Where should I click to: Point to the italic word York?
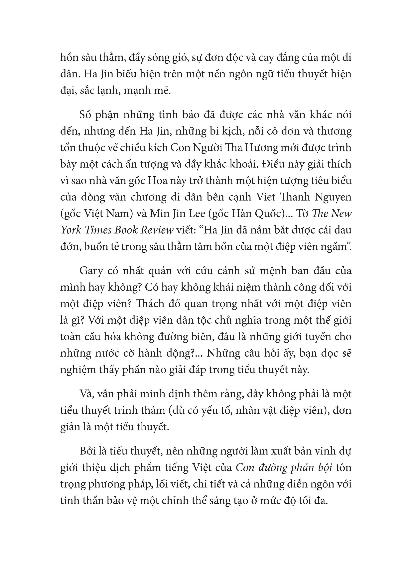coord(69,230)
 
